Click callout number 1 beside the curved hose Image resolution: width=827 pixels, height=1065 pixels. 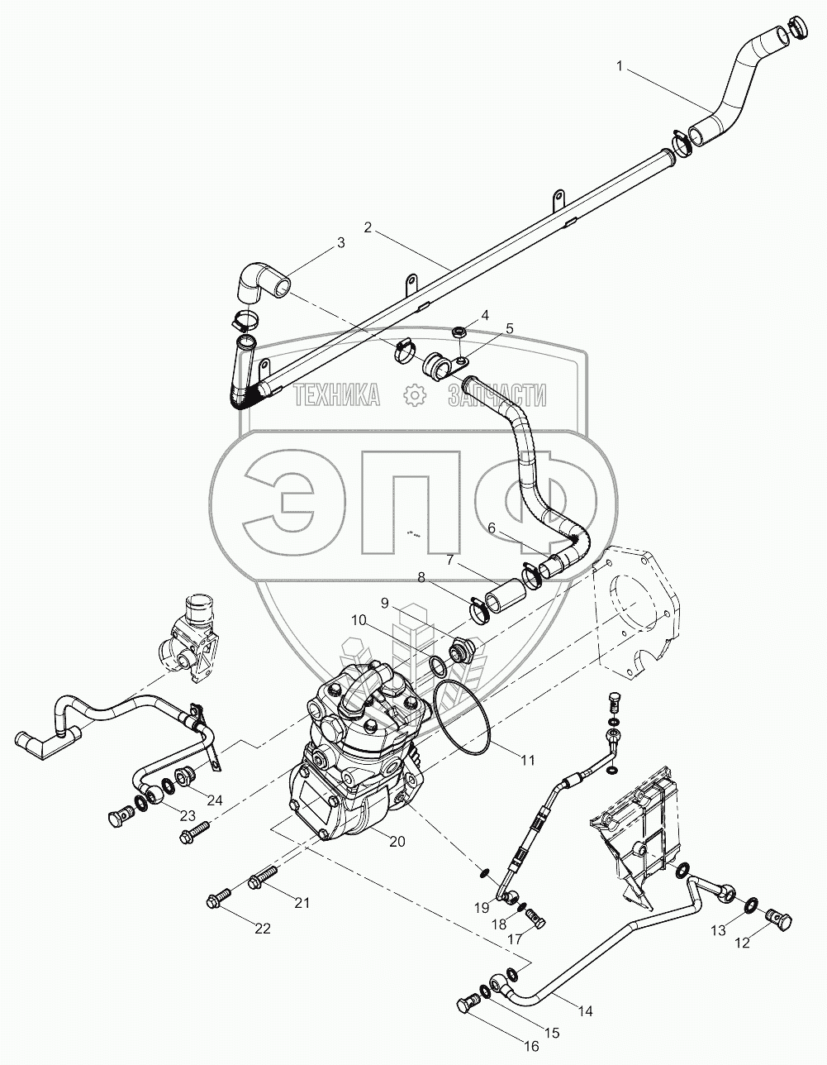point(619,65)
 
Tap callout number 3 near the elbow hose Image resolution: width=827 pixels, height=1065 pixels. point(339,243)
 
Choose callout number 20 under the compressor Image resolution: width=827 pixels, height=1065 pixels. point(397,841)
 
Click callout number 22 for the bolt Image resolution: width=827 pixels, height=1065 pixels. point(262,929)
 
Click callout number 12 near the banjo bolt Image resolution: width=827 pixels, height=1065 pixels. point(743,943)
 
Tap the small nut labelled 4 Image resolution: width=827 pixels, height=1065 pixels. point(459,332)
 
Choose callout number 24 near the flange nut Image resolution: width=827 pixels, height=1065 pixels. point(215,800)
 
